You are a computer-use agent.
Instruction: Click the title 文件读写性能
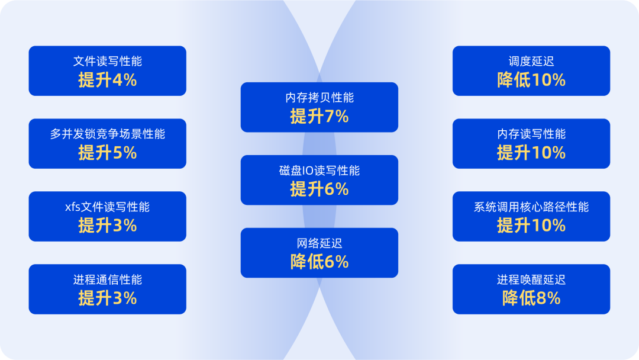tap(108, 61)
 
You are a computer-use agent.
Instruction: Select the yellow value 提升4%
tap(108, 80)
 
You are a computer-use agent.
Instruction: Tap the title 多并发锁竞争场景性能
tap(108, 134)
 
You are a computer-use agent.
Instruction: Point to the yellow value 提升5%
tap(108, 153)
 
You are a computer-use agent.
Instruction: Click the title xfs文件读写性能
tap(108, 207)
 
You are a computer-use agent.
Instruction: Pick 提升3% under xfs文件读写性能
tap(108, 226)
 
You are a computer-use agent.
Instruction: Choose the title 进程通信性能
tap(108, 279)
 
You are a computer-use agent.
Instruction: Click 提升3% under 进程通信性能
tap(108, 298)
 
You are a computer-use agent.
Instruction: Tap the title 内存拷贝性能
tap(319, 98)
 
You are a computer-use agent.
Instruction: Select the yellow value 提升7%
tap(319, 117)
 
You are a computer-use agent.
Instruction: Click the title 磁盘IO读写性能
tap(319, 171)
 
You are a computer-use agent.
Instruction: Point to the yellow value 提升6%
tap(319, 189)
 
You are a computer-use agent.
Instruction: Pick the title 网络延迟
tap(319, 243)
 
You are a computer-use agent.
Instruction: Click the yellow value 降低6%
tap(319, 262)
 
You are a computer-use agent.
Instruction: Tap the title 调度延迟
tap(531, 61)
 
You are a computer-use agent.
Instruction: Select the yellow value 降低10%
tap(531, 80)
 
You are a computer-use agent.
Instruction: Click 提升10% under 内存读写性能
tap(531, 153)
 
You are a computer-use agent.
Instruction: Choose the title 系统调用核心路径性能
tap(531, 207)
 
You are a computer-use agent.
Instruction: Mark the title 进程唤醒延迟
tap(531, 279)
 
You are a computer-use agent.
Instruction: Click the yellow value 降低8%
tap(531, 298)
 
